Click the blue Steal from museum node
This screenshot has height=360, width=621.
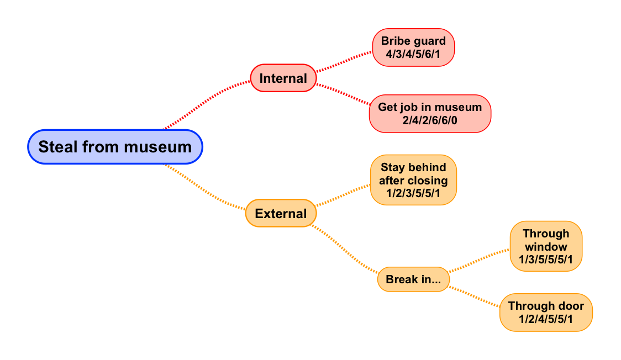[115, 147]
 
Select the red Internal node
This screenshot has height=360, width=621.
[283, 78]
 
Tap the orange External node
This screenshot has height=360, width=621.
[281, 213]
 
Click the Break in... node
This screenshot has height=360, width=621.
[413, 279]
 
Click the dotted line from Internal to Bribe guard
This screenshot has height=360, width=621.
[344, 62]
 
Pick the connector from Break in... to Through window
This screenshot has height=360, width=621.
[480, 260]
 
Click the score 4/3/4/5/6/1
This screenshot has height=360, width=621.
[413, 54]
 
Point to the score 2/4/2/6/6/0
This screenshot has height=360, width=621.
[430, 120]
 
